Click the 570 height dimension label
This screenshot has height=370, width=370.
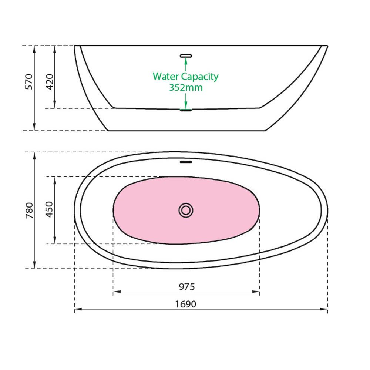(x=29, y=82)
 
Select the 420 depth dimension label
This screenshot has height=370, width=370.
(x=50, y=82)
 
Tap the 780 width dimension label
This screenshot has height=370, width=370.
(x=29, y=210)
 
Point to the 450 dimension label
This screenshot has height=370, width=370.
(x=49, y=209)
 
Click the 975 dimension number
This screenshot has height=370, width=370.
(x=186, y=287)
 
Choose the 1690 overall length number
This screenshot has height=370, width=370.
(x=185, y=304)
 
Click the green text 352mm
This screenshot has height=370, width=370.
(x=186, y=88)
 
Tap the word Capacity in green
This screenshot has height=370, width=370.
(x=200, y=77)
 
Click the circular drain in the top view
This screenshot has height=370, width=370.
(x=186, y=210)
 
